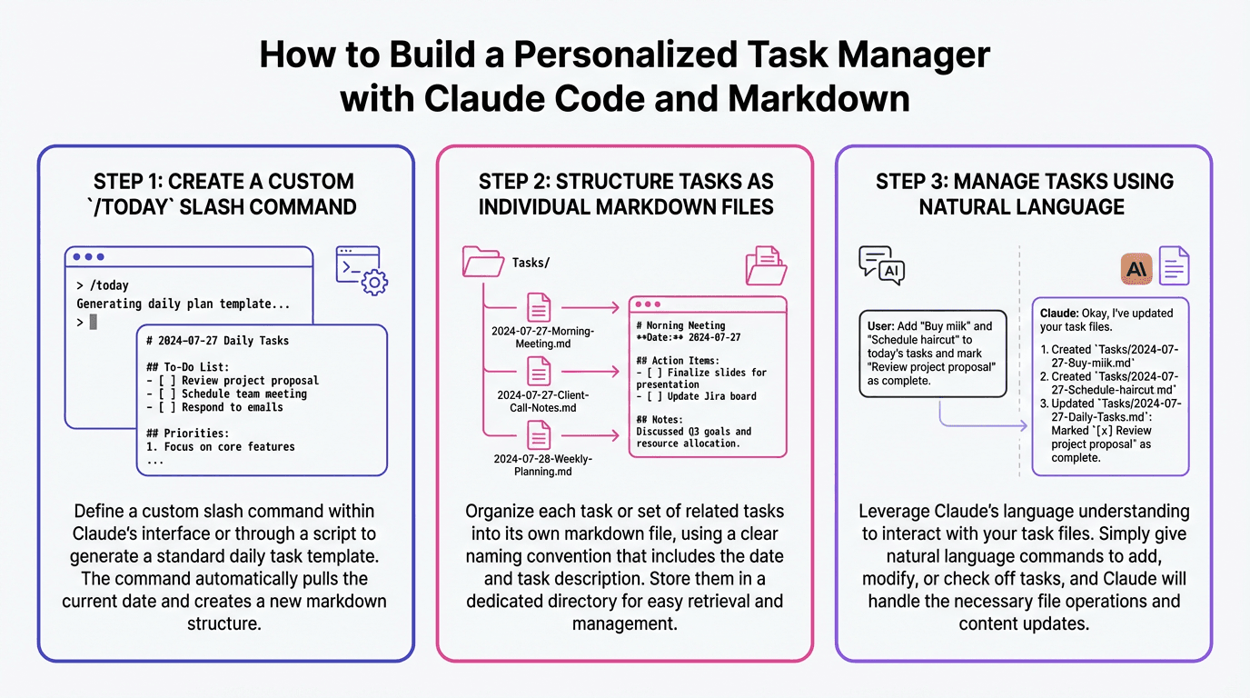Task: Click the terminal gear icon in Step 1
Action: click(x=361, y=270)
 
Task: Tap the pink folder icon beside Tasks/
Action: click(x=483, y=262)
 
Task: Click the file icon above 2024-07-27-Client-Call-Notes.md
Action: click(x=539, y=372)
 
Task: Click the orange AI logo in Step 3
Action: click(x=1137, y=267)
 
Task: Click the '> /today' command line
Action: click(x=103, y=285)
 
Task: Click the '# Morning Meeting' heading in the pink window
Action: click(x=680, y=325)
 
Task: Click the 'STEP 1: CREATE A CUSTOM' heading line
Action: click(x=224, y=181)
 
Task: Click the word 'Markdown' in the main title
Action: click(x=809, y=97)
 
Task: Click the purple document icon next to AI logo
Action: click(x=1174, y=266)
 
